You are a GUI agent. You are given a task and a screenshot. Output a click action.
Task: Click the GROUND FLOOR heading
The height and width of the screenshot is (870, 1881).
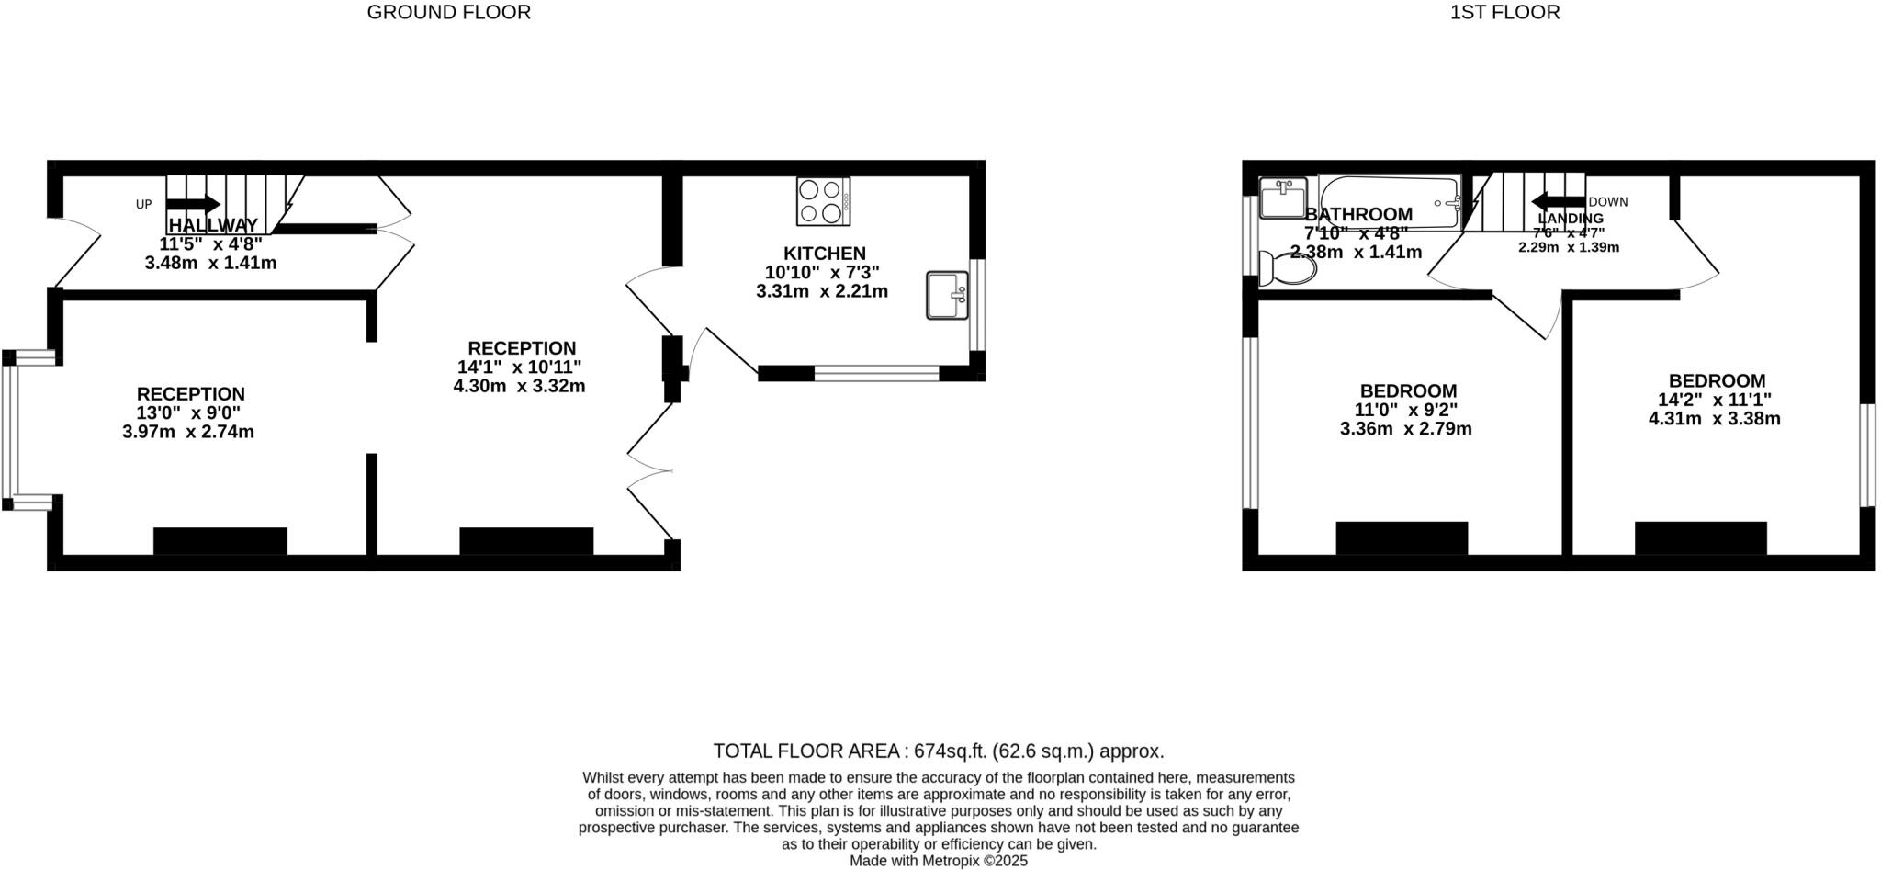(x=448, y=13)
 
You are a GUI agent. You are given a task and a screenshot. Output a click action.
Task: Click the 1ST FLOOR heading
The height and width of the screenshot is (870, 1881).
(x=1504, y=13)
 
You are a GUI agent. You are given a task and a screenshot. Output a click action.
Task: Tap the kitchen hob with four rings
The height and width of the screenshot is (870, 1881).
(x=823, y=201)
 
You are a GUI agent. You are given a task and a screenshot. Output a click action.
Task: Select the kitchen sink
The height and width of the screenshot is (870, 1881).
(x=947, y=295)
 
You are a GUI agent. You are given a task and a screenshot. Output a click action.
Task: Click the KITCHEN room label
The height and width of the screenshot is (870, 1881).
(x=824, y=254)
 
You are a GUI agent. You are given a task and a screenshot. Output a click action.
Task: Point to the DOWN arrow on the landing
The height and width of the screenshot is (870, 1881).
(x=1558, y=202)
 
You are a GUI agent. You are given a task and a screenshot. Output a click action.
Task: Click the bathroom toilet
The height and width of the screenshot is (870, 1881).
(x=1286, y=268)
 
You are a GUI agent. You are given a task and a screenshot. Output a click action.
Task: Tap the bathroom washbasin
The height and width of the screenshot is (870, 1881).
(x=1282, y=198)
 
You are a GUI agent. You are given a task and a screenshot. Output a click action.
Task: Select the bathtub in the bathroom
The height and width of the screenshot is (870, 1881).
(x=1390, y=200)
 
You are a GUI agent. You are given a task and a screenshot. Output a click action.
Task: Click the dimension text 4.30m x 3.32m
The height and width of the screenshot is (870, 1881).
(x=519, y=386)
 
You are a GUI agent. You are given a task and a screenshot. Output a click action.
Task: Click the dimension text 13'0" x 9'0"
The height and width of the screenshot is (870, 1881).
(x=189, y=413)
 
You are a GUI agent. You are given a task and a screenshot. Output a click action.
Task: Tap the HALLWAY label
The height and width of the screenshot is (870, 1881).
(x=213, y=225)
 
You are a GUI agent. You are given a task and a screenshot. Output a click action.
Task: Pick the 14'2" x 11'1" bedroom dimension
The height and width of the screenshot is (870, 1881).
(x=1714, y=400)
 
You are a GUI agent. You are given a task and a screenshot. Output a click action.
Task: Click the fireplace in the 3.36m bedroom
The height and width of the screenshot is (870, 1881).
(x=1401, y=538)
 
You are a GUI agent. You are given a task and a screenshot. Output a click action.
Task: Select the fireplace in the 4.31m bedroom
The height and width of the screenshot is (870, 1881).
(x=1700, y=538)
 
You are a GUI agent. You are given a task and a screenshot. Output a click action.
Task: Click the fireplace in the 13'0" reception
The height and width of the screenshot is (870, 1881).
(x=220, y=541)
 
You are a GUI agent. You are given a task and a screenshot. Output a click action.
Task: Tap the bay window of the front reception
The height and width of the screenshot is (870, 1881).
(x=9, y=430)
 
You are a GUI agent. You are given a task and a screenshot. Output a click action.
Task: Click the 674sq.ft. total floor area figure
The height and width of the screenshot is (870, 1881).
(x=950, y=751)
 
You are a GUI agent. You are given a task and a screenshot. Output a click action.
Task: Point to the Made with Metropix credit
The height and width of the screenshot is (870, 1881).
(x=938, y=861)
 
